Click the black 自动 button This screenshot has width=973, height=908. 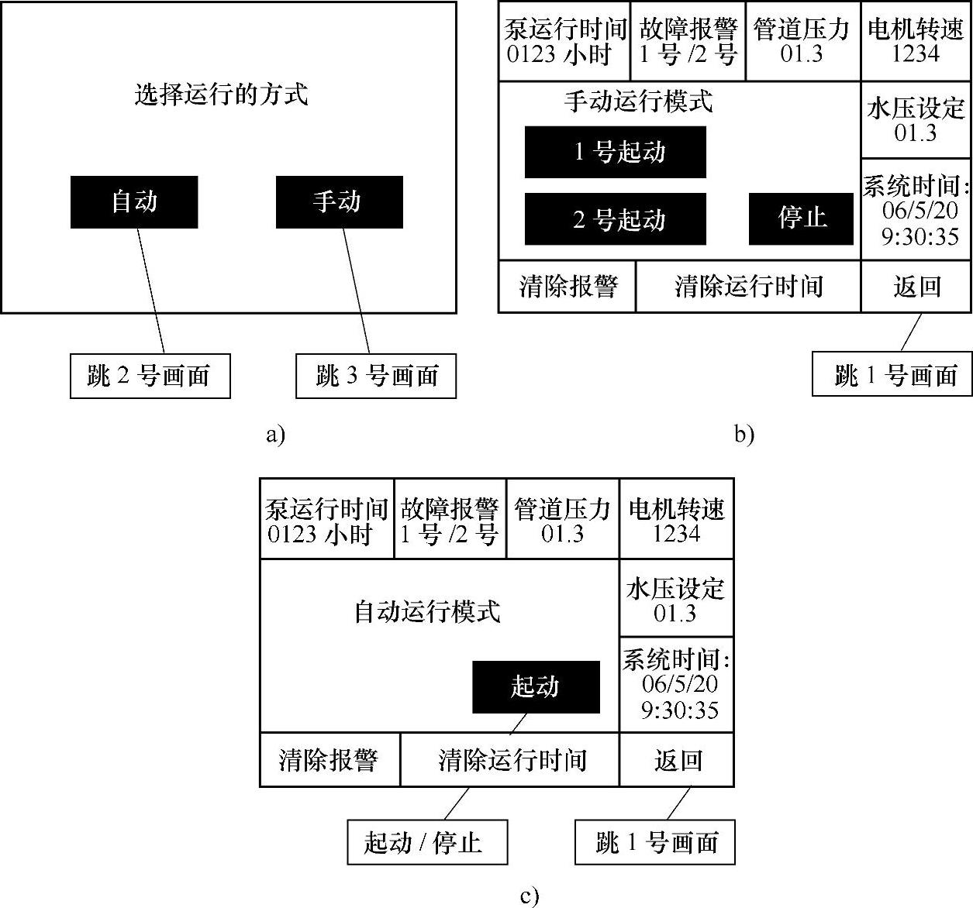[134, 202]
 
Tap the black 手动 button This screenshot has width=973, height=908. [339, 202]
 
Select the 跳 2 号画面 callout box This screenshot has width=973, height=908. [150, 377]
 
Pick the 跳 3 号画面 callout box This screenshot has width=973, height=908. [376, 377]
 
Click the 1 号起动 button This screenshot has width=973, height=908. [615, 152]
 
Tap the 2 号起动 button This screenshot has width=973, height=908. [615, 219]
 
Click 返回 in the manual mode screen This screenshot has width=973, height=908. [916, 287]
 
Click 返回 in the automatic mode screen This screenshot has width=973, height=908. [677, 760]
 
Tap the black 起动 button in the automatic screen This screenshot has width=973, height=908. [536, 686]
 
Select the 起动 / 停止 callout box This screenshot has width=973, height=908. [426, 842]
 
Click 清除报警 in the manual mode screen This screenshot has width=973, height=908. [567, 287]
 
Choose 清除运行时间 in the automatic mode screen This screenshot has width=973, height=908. [510, 760]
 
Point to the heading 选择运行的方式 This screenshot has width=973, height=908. [222, 95]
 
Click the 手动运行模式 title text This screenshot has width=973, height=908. [638, 101]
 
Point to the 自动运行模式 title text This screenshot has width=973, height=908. [427, 612]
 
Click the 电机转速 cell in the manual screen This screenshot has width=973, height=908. [916, 41]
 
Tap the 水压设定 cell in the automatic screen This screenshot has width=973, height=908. [676, 599]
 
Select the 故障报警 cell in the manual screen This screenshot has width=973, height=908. [688, 41]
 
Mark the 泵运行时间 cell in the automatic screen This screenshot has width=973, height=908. [326, 520]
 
